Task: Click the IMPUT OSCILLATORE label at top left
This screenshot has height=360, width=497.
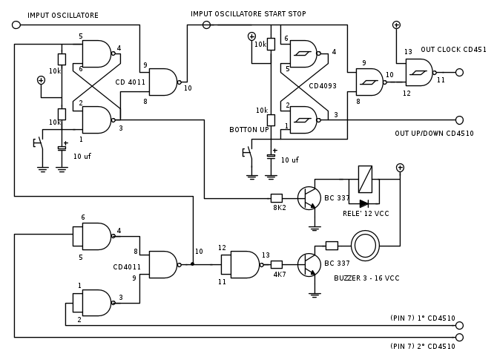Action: click(x=63, y=15)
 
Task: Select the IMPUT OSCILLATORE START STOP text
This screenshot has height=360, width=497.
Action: click(x=248, y=13)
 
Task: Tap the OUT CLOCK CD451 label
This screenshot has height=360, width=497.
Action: click(x=453, y=50)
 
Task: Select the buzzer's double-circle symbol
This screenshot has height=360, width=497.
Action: click(x=365, y=246)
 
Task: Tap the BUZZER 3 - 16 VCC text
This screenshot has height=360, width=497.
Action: click(x=366, y=278)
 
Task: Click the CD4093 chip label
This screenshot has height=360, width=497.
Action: click(x=323, y=85)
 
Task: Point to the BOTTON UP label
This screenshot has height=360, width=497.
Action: click(x=249, y=129)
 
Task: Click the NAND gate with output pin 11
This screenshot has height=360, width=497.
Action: click(x=418, y=73)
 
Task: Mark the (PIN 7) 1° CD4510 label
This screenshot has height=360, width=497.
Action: click(x=423, y=318)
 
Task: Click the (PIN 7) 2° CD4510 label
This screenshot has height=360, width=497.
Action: click(x=423, y=346)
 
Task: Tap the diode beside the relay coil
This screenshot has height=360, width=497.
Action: click(x=363, y=203)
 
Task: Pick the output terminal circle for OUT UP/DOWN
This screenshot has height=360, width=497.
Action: click(x=459, y=120)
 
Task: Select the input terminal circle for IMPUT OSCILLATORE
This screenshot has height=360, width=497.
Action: click(x=16, y=25)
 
